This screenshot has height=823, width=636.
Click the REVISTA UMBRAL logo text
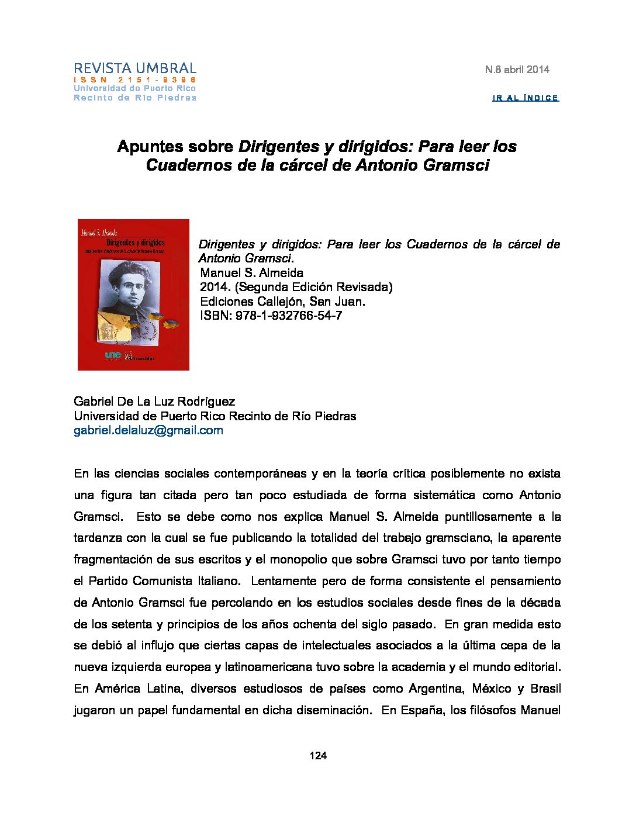pos(135,68)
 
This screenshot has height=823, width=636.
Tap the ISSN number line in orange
pos(135,79)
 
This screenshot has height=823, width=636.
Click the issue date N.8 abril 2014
pos(517,70)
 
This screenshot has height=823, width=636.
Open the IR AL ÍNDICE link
pos(526,98)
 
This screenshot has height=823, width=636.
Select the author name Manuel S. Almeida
pos(251,273)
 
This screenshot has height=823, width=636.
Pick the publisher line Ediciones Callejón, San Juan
pos(282,302)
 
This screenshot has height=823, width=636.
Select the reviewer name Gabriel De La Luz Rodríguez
pos(154,402)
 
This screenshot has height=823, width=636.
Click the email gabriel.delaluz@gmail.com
pos(148,431)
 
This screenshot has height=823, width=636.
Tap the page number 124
pos(318,756)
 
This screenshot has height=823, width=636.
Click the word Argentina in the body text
pos(435,689)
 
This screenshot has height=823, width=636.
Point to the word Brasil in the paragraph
pos(545,689)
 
